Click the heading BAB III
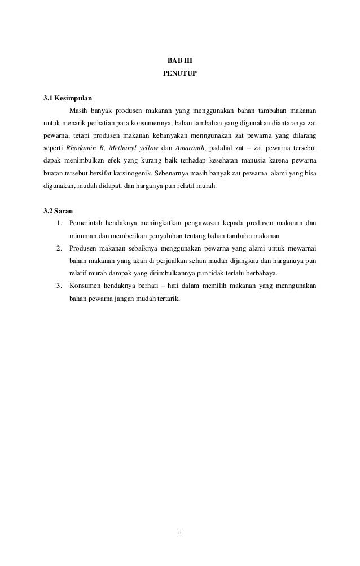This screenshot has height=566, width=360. (x=180, y=60)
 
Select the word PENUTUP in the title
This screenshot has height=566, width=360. (x=180, y=73)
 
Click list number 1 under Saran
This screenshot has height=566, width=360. (x=59, y=223)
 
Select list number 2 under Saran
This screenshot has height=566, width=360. (x=59, y=248)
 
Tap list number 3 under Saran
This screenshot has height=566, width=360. (x=59, y=286)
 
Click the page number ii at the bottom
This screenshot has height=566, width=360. (x=179, y=533)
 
